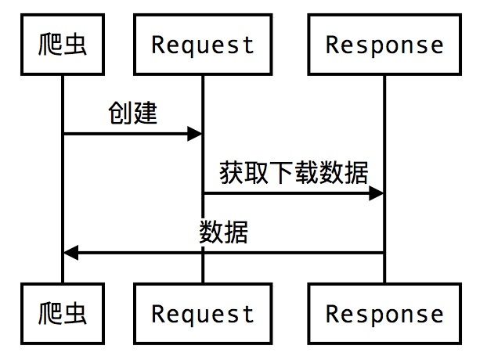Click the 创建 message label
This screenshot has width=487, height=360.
pos(132,113)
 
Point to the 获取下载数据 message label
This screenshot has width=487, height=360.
pos(294,172)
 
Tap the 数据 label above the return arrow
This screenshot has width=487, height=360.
pos(223,232)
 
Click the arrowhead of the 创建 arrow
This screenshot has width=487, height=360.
pos(195,134)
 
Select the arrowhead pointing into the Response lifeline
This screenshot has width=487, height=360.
pos(376,193)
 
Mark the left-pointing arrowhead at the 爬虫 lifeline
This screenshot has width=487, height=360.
pos(71,253)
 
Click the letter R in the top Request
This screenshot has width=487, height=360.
pos(157,45)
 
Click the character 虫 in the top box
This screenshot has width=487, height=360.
pos(75,45)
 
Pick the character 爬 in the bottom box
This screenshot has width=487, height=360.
pos(50,314)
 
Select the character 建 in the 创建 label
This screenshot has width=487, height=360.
pos(145,113)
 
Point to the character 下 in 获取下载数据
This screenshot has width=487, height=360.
pos(281,172)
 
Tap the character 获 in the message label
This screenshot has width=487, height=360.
pos(232,172)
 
